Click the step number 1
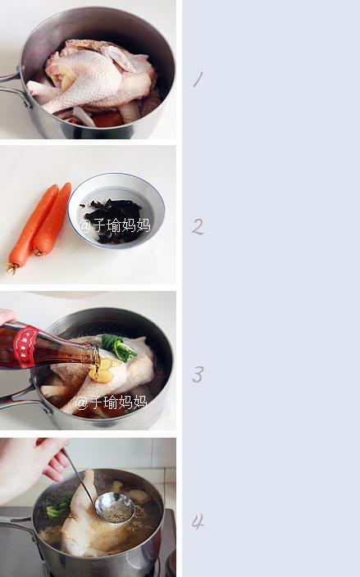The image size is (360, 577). [198, 80]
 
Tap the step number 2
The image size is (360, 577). [198, 226]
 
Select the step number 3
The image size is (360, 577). [198, 375]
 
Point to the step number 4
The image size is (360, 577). [198, 522]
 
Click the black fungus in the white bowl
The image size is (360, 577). [112, 219]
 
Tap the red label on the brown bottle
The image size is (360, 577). [25, 347]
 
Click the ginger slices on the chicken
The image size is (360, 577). [102, 369]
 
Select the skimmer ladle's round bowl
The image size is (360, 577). [115, 508]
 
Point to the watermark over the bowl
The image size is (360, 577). [115, 225]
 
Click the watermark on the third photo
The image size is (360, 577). [112, 402]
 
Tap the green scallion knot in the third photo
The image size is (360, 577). [118, 348]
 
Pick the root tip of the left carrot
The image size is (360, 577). [11, 269]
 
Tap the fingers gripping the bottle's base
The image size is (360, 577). [7, 316]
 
